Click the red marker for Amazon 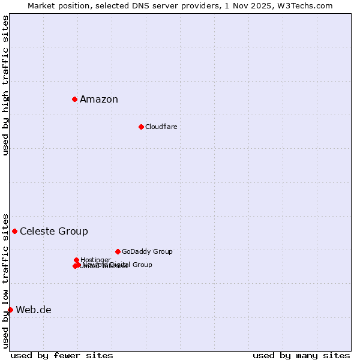coord(74,99)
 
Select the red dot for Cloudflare coord(141,127)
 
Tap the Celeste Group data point coord(14,231)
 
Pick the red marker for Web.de coord(10,310)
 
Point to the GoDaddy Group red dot coord(118,251)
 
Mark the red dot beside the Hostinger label coord(76,260)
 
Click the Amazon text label coord(99,100)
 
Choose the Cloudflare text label coord(161,127)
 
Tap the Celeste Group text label coord(54,232)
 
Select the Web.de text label coord(34,310)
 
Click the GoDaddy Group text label coord(147,251)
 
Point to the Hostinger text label coord(95,260)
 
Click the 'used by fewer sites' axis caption coord(62,355)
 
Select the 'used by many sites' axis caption coord(301,355)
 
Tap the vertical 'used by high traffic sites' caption coord(5,85)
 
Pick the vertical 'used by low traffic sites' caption coord(5,281)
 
